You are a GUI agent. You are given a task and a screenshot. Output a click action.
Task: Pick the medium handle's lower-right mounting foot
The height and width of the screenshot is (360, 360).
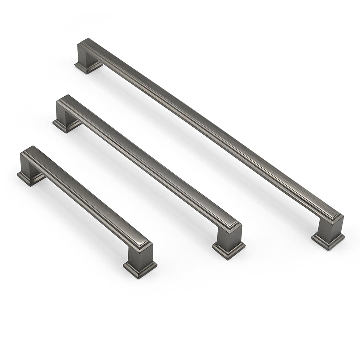point(229,250)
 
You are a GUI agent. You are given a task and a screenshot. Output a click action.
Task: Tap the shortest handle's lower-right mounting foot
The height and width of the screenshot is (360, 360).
point(140,268)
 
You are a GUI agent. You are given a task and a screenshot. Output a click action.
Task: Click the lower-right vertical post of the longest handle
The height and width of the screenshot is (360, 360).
point(329,227)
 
